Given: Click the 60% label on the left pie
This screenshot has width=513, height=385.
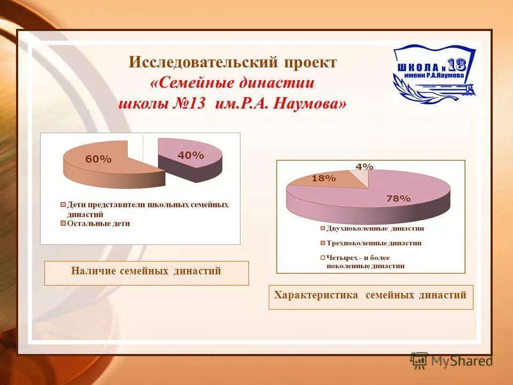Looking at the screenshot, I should click(98, 159).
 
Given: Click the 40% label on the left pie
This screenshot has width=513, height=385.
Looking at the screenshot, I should click(191, 155).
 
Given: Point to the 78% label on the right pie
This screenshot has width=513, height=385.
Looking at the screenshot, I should click(398, 198).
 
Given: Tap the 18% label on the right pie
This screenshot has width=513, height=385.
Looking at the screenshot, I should click(323, 179).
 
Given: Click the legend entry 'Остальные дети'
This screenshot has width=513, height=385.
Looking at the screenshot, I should click(98, 224).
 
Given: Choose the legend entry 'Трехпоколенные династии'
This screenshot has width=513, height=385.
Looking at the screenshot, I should click(374, 243).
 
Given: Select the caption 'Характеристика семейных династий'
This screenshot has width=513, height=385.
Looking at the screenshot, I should click(370, 295).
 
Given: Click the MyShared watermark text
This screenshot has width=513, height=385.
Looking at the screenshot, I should click(461, 361).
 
